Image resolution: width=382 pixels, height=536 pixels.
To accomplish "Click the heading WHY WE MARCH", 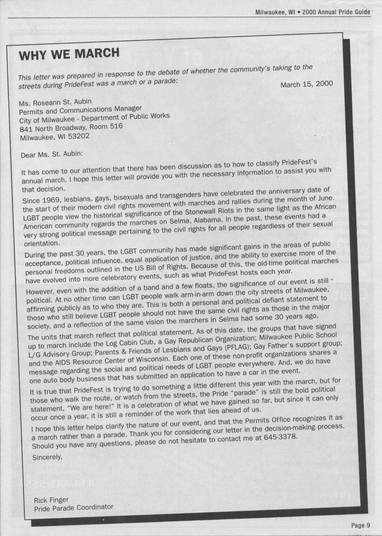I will coord(69,54).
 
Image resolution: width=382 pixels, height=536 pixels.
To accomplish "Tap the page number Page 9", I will coord(361,525).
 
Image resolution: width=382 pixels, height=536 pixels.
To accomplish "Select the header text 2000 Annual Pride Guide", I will coord(336,12).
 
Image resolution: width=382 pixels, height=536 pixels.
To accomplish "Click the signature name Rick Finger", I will coord(51,500).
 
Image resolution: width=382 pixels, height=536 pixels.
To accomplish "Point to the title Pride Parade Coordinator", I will coord(74,508).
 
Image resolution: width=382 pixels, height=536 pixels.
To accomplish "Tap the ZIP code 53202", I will coord(78,136).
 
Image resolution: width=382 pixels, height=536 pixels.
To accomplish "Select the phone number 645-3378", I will coord(280,437).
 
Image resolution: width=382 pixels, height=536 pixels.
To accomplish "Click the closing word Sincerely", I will coord(47,457).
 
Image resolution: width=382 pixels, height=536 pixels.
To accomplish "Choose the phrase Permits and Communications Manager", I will coord(80,110).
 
